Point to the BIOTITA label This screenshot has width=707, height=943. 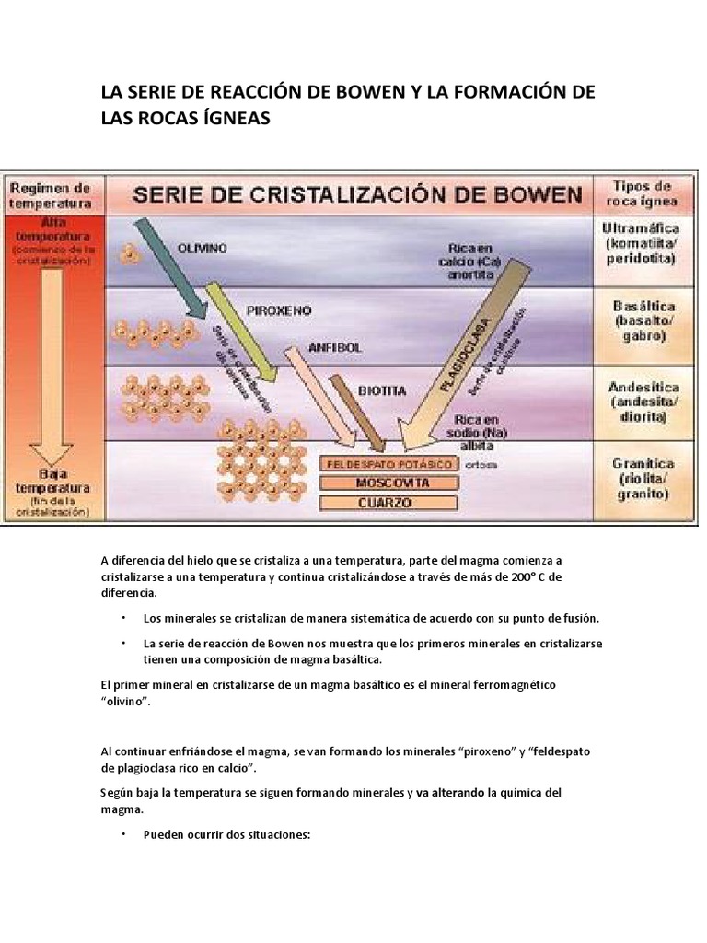pos(381,390)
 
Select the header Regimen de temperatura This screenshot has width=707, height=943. pos(52,194)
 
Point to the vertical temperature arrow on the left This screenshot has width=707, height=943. pos(52,368)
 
